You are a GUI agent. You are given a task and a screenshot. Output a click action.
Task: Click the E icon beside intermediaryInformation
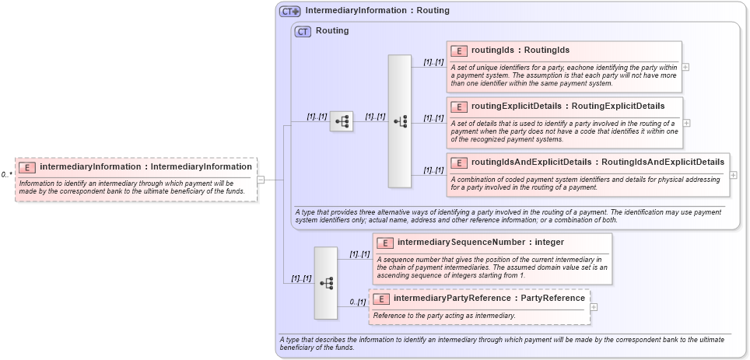click(x=27, y=166)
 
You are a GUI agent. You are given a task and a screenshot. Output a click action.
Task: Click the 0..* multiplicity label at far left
click(x=6, y=175)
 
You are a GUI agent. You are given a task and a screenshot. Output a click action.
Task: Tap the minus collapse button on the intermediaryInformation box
click(x=261, y=180)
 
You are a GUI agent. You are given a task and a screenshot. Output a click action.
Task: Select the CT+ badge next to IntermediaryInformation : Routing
click(x=290, y=12)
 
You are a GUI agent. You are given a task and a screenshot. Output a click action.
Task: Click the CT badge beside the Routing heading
click(x=303, y=32)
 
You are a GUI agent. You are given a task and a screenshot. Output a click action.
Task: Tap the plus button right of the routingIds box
click(x=685, y=67)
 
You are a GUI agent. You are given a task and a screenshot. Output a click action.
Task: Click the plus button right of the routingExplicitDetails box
click(x=686, y=123)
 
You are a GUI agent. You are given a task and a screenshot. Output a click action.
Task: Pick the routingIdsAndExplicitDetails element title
click(x=598, y=163)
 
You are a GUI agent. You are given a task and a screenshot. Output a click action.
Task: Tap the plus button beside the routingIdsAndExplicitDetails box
click(x=734, y=175)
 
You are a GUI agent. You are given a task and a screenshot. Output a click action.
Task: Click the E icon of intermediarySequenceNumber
click(x=385, y=243)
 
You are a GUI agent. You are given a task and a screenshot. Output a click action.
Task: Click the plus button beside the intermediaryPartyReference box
click(x=594, y=307)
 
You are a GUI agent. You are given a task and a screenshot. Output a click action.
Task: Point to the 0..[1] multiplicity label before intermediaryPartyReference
click(x=357, y=302)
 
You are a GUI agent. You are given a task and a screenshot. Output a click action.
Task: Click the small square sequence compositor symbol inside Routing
click(x=341, y=121)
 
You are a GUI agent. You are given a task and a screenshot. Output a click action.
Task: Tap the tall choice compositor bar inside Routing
click(x=400, y=121)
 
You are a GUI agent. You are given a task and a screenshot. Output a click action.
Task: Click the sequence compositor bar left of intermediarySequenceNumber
click(x=325, y=283)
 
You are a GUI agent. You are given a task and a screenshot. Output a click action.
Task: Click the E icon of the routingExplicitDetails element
click(x=459, y=107)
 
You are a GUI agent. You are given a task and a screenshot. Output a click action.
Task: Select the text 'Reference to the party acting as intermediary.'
click(x=443, y=316)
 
